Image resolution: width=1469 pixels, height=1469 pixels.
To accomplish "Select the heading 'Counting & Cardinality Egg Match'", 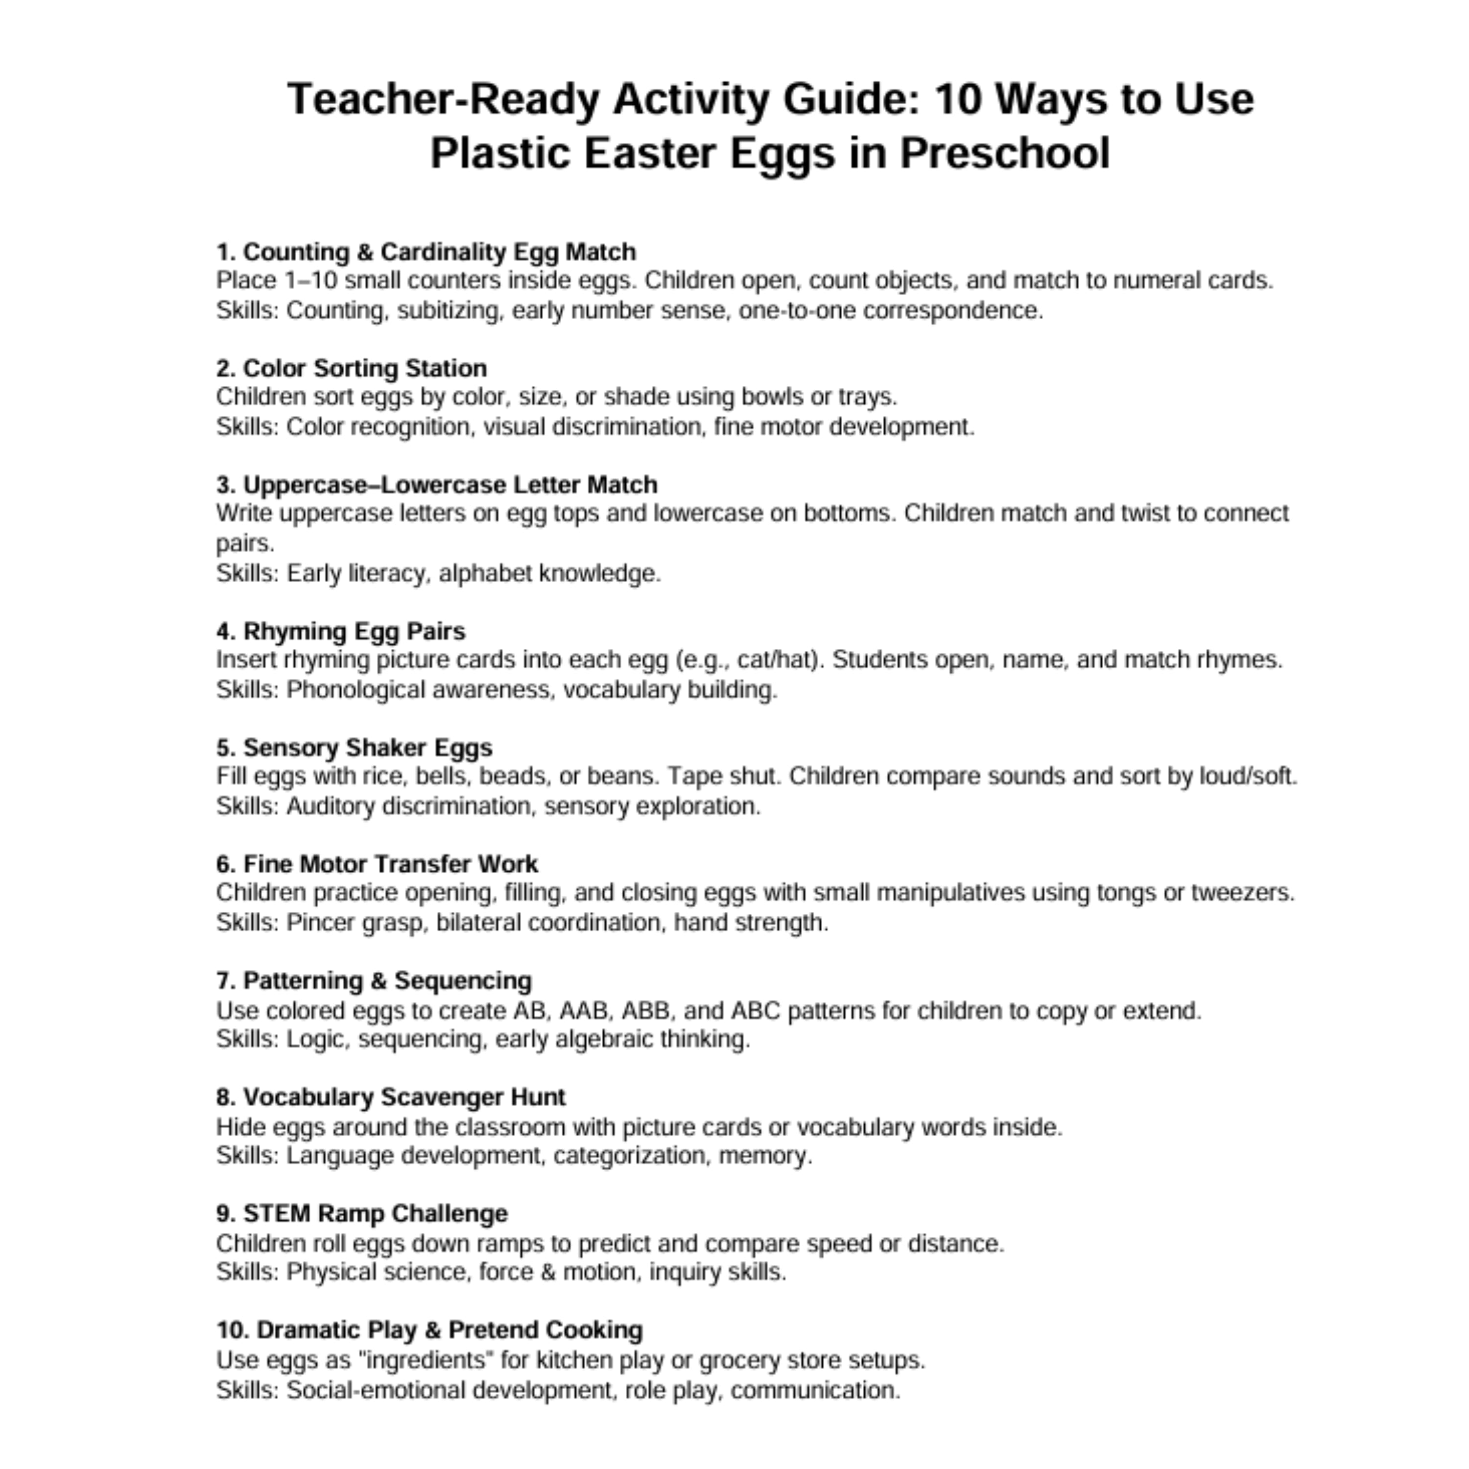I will tap(426, 252).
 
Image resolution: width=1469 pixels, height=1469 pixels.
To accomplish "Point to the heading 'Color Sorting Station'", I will tap(351, 368).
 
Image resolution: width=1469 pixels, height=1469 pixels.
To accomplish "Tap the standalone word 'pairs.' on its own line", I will tap(245, 544).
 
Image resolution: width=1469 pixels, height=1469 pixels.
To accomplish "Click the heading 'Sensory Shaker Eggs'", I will tap(355, 747).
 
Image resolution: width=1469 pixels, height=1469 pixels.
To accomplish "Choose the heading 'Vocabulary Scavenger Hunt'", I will tap(391, 1097).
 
